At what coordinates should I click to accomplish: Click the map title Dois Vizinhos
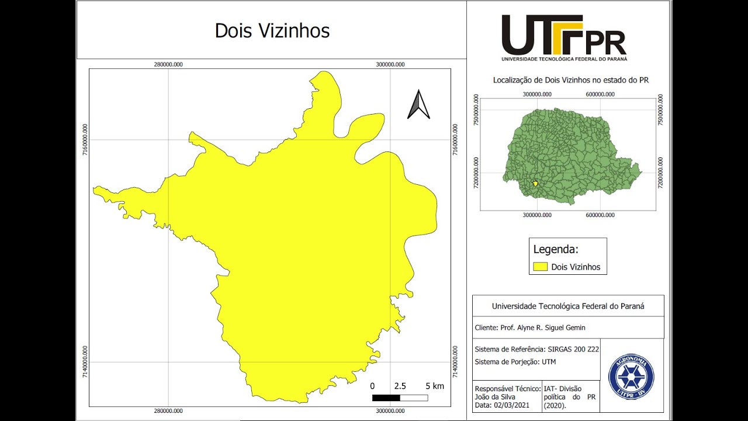click(272, 31)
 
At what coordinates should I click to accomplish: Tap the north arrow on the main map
click(418, 105)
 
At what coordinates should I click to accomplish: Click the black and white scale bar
click(400, 398)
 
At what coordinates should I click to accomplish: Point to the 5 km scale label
click(435, 386)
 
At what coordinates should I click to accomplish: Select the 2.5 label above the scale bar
click(400, 386)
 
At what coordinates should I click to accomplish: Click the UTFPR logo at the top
click(564, 37)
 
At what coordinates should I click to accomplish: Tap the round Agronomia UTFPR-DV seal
click(631, 375)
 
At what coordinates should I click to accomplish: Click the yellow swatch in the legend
click(540, 267)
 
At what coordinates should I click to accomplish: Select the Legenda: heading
click(556, 250)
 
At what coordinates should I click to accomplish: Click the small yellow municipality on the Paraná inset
click(535, 184)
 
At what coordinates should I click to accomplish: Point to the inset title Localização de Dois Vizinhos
click(571, 80)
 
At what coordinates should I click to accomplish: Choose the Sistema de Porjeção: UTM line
click(515, 361)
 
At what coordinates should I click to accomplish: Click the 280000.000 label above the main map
click(168, 64)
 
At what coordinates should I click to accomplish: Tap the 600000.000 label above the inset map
click(600, 94)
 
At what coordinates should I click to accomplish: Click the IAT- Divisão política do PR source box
click(570, 397)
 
